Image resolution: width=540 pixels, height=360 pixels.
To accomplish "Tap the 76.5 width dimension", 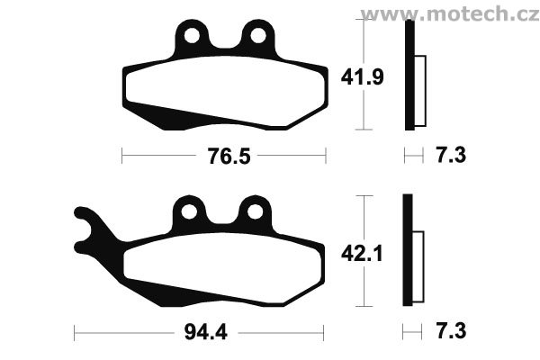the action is pyautogui.click(x=229, y=156).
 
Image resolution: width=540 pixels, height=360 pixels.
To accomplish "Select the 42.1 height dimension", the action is pyautogui.click(x=362, y=254).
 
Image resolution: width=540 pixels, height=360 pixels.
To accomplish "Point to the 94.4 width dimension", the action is pyautogui.click(x=205, y=332).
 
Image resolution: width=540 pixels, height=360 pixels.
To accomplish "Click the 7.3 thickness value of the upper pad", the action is pyautogui.click(x=451, y=155).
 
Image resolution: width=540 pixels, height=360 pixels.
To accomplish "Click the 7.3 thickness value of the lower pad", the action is pyautogui.click(x=451, y=331).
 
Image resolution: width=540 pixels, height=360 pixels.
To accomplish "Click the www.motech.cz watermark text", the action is pyautogui.click(x=450, y=14).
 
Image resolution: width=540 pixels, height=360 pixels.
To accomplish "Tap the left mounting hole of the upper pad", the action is pyautogui.click(x=193, y=35).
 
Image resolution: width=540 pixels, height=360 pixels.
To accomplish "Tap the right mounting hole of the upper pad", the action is pyautogui.click(x=258, y=35).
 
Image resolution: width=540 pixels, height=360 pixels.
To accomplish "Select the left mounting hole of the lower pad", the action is pyautogui.click(x=189, y=211).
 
